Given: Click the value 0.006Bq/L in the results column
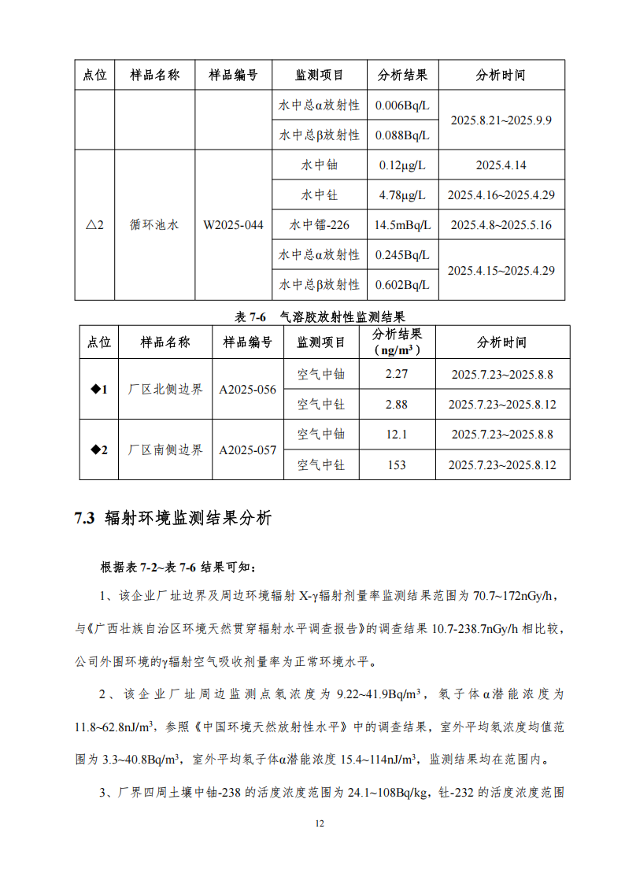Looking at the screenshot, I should coord(402,105).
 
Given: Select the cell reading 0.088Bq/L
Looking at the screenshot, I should coord(402,135).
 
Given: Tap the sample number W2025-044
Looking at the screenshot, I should coord(233,225).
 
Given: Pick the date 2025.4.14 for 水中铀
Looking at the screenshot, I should coord(501,165).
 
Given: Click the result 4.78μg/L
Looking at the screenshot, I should coord(402,195).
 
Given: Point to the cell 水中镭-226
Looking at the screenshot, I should coord(319,225).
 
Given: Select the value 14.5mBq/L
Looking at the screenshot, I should coord(402,225).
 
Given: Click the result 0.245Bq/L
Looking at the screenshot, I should coord(402,255).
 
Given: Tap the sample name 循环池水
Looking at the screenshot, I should coord(154,225).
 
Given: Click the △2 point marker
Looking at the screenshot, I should coord(94,225).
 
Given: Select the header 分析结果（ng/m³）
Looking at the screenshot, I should coord(397,342).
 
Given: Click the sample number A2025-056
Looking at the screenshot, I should coord(247,389).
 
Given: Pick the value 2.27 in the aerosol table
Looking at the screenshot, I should coord(397,374).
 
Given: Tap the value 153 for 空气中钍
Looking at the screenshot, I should coord(397,464).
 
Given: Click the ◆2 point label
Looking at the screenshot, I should coord(99,449).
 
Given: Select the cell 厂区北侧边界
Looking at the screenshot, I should coord(165,389).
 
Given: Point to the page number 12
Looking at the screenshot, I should coord(319,823).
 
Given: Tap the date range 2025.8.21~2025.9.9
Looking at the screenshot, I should coord(501,120).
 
